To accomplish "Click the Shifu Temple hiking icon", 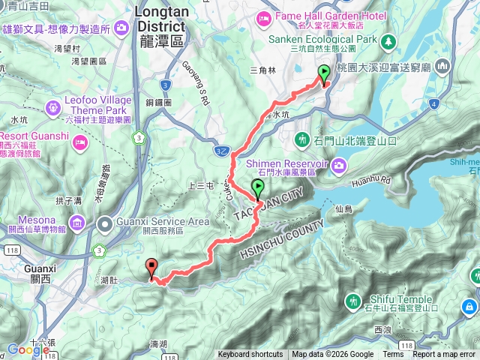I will (353, 301).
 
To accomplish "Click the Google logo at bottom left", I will (28, 349).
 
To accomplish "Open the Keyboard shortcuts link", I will (250, 355).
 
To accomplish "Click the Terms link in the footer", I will (392, 355).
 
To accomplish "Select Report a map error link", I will (444, 355).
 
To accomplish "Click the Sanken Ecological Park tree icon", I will (389, 39).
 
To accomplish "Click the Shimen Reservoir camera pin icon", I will (339, 163).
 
